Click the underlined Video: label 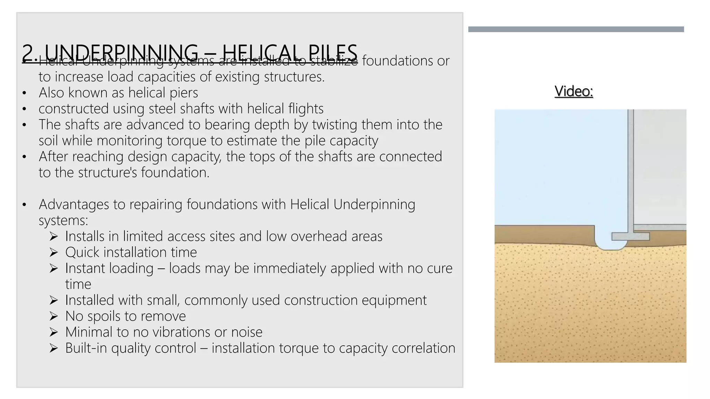point(574,91)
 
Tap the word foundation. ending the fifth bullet point(175,172)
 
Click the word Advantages point(74,204)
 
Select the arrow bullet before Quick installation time point(53,252)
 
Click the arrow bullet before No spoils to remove point(53,316)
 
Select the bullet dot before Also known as point(24,93)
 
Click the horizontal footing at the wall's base point(630,237)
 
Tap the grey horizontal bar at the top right point(576,29)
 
